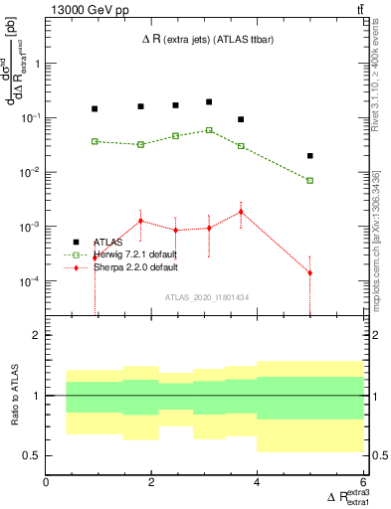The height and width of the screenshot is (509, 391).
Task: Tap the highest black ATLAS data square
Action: (x=209, y=101)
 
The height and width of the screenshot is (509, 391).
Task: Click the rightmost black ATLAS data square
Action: (x=310, y=156)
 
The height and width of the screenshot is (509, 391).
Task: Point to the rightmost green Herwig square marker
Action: (x=310, y=181)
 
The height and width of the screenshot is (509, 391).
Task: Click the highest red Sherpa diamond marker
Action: (x=241, y=211)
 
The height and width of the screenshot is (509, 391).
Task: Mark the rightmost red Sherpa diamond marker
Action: (x=310, y=272)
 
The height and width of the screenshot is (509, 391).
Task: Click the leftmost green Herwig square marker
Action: (x=95, y=141)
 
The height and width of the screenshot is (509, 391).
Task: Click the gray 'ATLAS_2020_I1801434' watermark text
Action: (x=207, y=298)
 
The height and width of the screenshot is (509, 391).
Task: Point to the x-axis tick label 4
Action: (x=258, y=482)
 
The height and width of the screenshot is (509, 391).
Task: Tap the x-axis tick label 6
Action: (x=363, y=482)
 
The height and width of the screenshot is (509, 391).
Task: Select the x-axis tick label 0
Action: (x=47, y=482)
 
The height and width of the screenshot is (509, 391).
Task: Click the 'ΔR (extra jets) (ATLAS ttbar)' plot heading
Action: (x=205, y=39)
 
